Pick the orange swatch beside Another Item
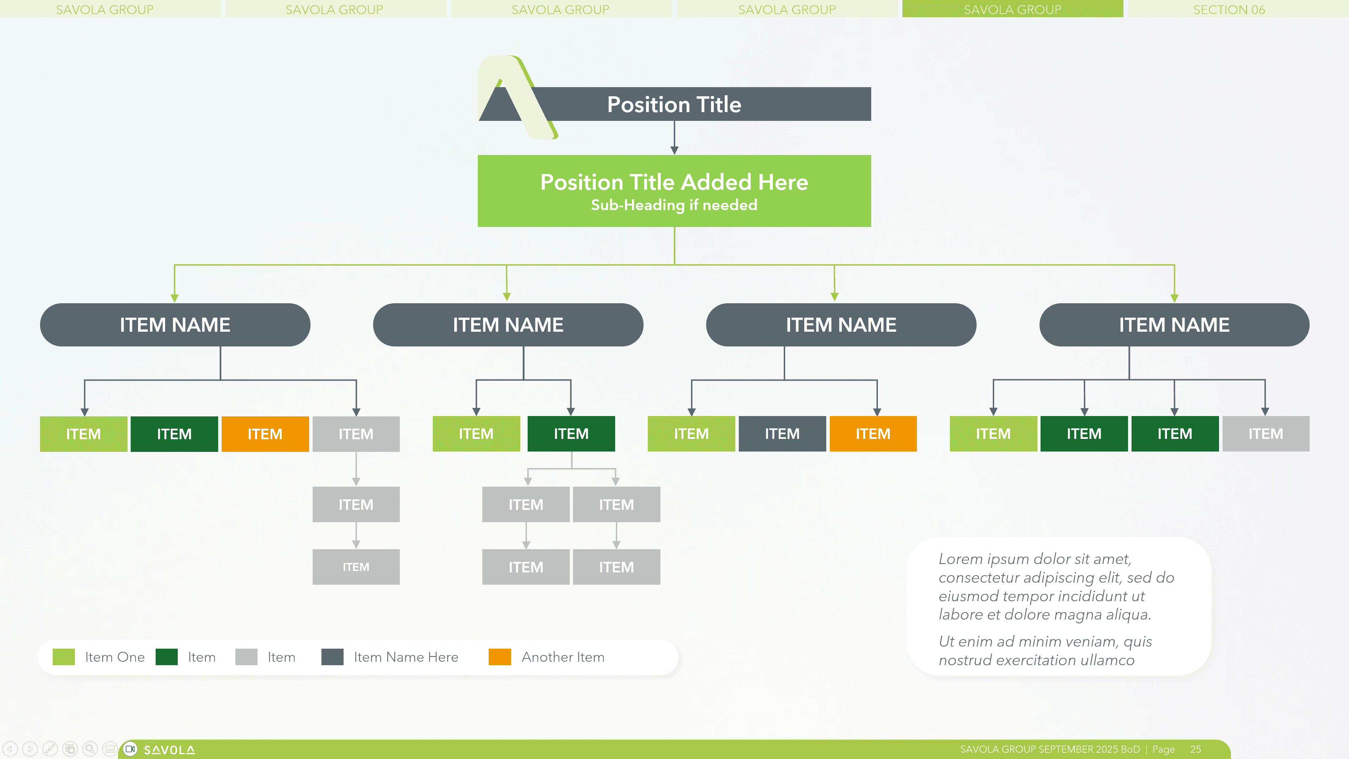(x=499, y=657)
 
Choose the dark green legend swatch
(x=167, y=657)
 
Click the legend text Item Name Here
(x=406, y=657)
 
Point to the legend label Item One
(x=115, y=657)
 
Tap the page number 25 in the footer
(x=1195, y=749)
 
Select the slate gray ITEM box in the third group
(x=782, y=434)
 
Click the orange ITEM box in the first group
(x=265, y=434)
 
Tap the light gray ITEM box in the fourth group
(x=1265, y=434)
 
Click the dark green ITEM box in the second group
(x=571, y=434)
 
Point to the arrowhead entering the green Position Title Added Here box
(x=674, y=150)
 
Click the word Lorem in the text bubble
(x=960, y=559)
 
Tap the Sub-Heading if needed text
(x=674, y=205)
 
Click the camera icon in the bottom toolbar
(x=130, y=749)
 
